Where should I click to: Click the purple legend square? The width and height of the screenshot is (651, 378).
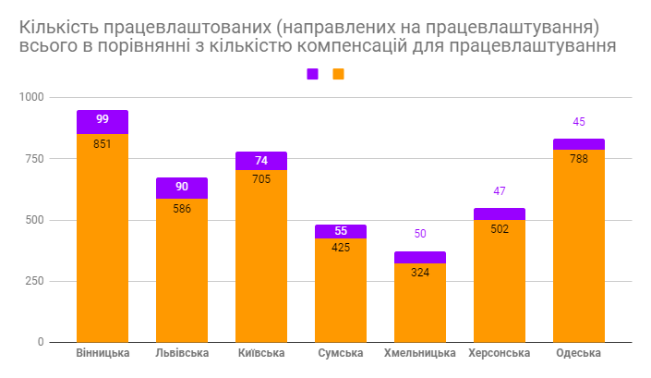click(312, 74)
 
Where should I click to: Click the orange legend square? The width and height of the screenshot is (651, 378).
click(338, 74)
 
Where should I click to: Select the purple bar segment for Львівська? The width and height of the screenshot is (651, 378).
click(182, 188)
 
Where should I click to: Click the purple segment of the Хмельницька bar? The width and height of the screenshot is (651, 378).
click(420, 257)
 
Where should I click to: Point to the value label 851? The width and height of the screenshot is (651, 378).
click(102, 143)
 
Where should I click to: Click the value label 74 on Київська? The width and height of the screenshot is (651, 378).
click(261, 161)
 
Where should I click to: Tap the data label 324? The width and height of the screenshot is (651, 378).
click(420, 273)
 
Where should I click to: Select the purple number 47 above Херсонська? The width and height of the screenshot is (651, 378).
click(500, 191)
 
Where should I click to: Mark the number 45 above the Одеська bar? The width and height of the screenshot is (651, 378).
click(579, 122)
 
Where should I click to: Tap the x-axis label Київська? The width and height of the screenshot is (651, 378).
click(261, 354)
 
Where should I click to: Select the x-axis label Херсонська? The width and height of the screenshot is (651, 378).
click(500, 354)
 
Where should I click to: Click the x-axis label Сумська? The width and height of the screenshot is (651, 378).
click(341, 354)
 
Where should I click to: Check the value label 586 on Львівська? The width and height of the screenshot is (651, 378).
click(182, 209)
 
